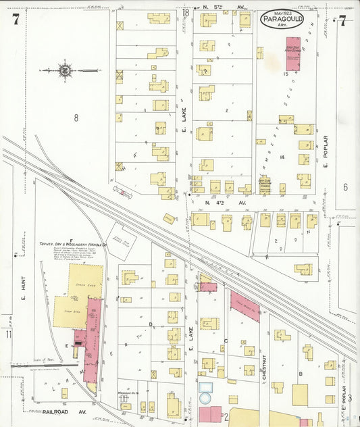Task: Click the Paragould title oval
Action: (282, 19)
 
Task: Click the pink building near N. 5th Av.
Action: (292, 53)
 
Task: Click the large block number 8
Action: (76, 118)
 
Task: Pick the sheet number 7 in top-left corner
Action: (15, 19)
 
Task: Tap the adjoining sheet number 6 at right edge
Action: (344, 187)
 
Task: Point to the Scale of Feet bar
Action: (41, 364)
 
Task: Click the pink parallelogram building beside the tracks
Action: (245, 306)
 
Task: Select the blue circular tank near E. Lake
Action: (206, 389)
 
